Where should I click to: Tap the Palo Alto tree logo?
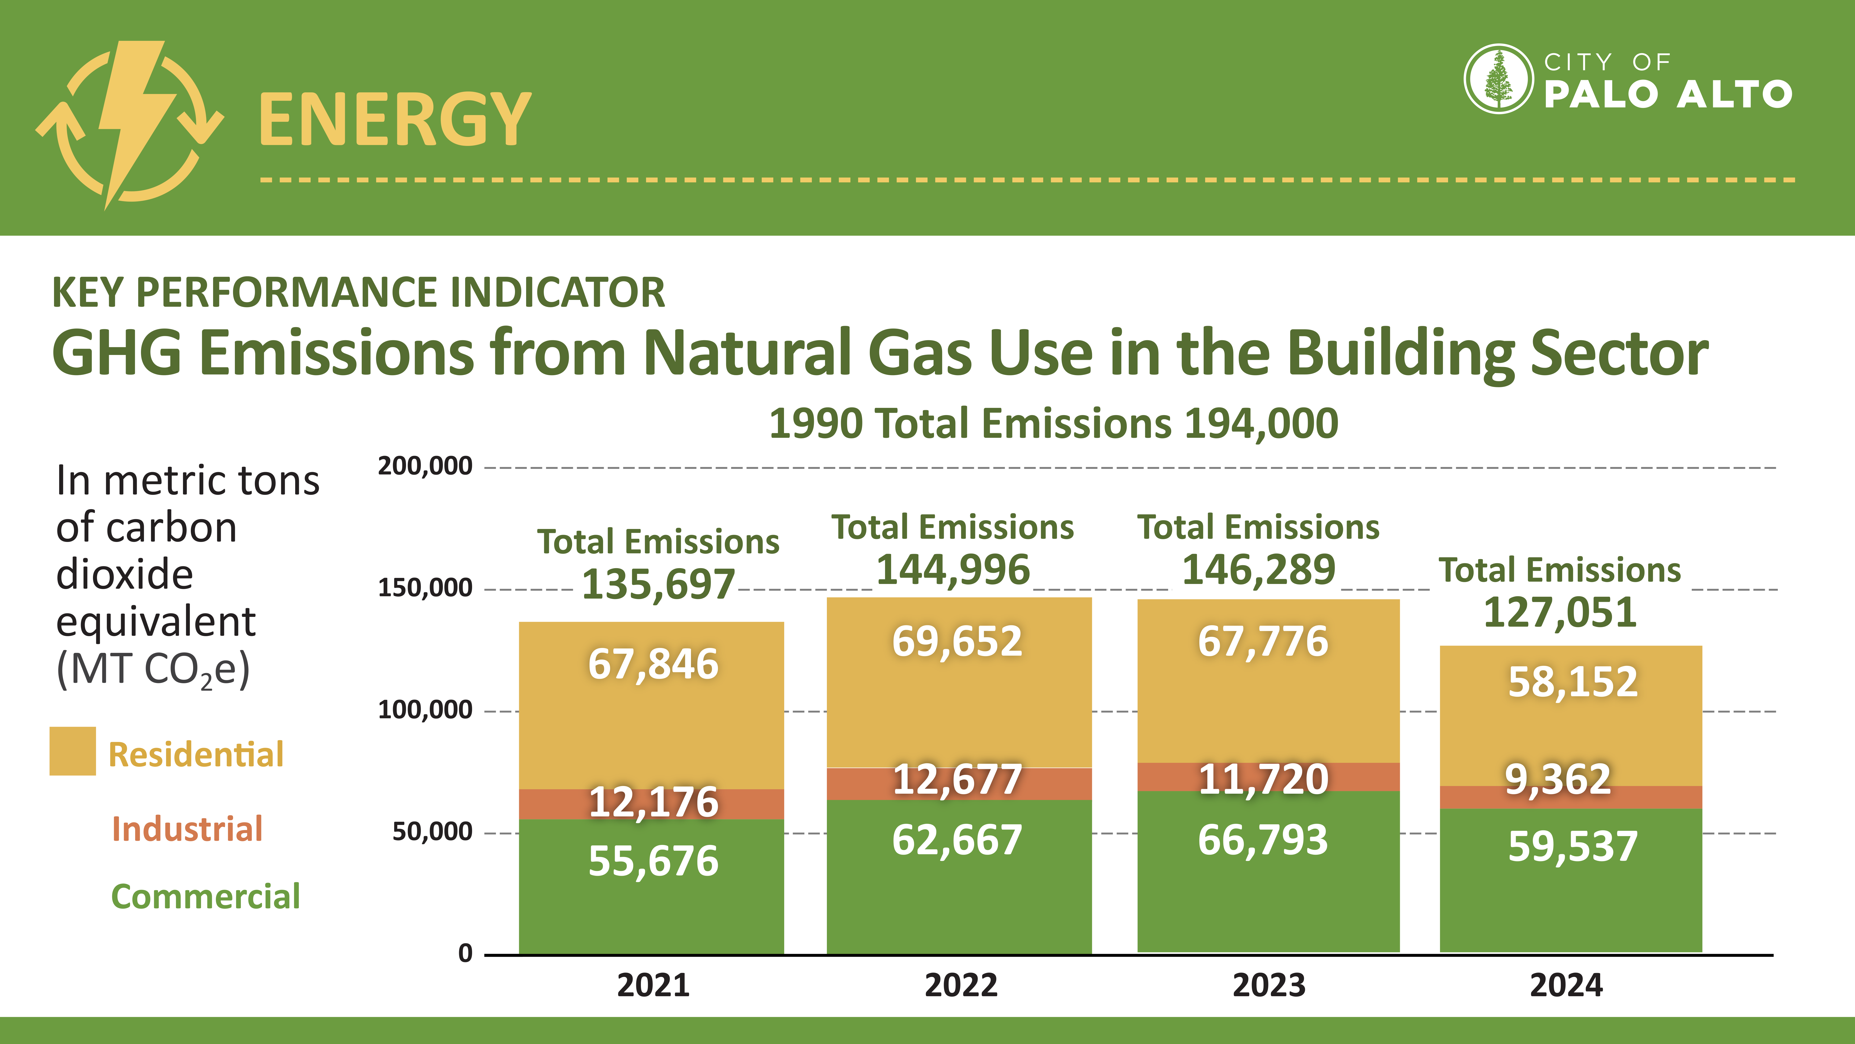tap(1499, 79)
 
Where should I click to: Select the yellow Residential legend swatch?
tap(73, 751)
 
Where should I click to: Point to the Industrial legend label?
tap(187, 828)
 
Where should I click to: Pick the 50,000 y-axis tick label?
tap(432, 831)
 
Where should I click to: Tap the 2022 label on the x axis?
tap(961, 985)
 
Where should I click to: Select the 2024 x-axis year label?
tap(1566, 985)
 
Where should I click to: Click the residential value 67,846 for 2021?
tap(653, 664)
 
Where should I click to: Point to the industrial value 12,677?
tap(957, 780)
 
